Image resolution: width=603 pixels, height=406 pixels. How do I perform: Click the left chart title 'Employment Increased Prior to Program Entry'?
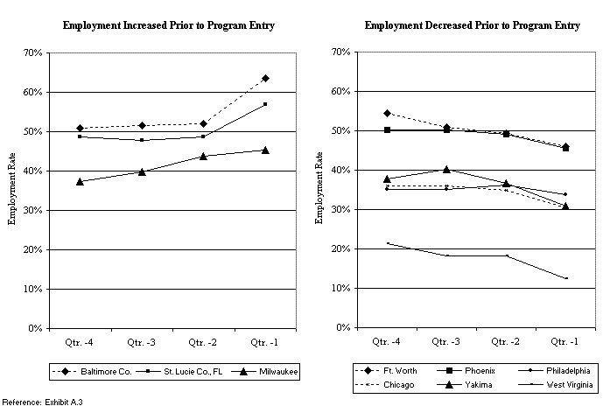tap(169, 25)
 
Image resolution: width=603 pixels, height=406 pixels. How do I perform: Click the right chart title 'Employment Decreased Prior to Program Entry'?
tap(472, 25)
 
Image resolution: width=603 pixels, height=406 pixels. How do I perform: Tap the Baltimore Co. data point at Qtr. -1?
tap(265, 78)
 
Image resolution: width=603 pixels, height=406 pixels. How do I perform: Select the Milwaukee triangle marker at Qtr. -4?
tap(81, 181)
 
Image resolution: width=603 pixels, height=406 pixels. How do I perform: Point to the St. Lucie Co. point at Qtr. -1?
tap(265, 104)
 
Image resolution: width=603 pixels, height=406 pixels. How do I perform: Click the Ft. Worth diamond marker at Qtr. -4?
tap(387, 114)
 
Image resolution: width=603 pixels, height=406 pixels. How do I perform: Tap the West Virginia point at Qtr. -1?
tap(565, 278)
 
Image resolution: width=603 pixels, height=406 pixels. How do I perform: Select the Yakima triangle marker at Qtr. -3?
tap(446, 169)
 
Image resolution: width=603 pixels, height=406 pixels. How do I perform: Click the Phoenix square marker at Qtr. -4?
tap(387, 130)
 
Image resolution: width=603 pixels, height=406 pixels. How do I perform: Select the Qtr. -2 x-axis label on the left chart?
tap(203, 339)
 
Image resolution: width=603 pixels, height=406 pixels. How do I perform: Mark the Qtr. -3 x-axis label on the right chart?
tap(446, 339)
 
